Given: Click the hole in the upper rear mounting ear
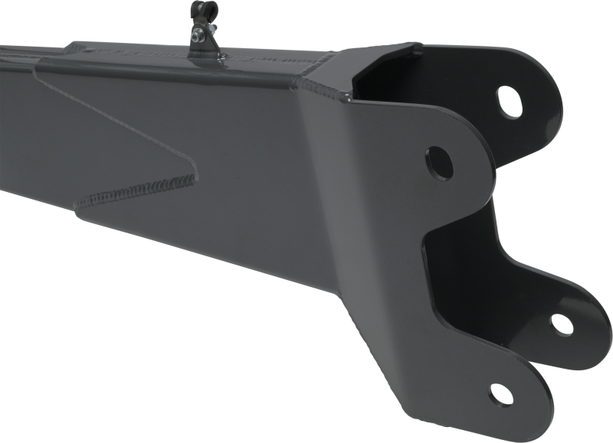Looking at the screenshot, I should (510, 101).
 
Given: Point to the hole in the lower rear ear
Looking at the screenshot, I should (562, 324).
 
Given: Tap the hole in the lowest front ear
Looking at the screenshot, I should (501, 394).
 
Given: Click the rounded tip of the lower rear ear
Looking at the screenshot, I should (602, 325).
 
